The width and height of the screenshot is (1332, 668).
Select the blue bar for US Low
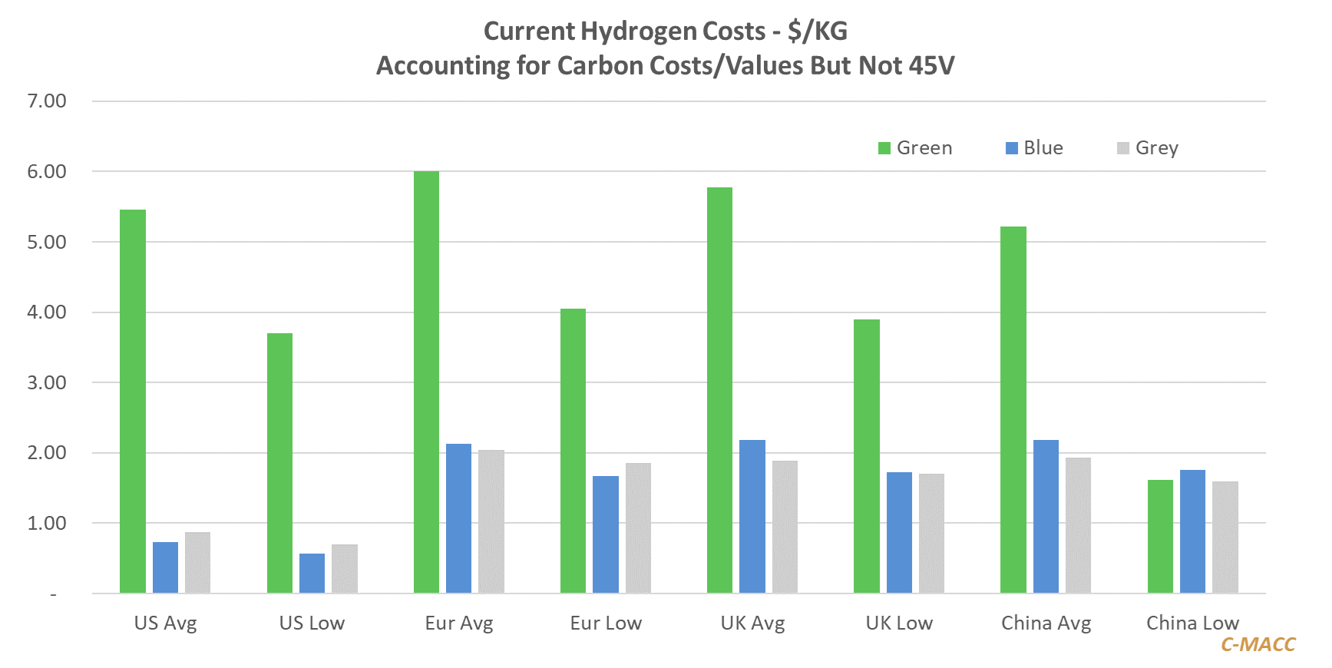click(x=312, y=573)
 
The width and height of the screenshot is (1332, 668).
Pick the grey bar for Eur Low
click(x=638, y=527)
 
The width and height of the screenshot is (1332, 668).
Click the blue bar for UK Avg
click(x=752, y=516)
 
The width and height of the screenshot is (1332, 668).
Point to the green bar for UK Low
click(x=867, y=456)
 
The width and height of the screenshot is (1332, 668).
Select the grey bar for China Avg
click(x=1078, y=525)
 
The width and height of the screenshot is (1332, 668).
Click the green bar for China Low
click(x=1160, y=536)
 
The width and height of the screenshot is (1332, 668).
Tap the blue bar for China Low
click(x=1192, y=531)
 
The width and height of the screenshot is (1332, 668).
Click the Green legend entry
click(x=915, y=148)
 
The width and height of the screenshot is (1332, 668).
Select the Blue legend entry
click(x=1035, y=148)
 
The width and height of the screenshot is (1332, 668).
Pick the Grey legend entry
click(x=1148, y=148)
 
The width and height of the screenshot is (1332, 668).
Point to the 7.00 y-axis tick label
click(x=47, y=101)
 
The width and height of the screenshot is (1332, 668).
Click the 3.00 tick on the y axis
click(x=47, y=382)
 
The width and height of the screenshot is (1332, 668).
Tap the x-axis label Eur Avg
click(x=459, y=623)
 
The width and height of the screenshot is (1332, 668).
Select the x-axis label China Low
click(x=1192, y=623)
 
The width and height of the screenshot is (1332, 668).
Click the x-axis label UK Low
click(x=899, y=623)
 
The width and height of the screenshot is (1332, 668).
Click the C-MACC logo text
click(x=1258, y=645)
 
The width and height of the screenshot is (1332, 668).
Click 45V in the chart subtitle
click(x=931, y=66)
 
